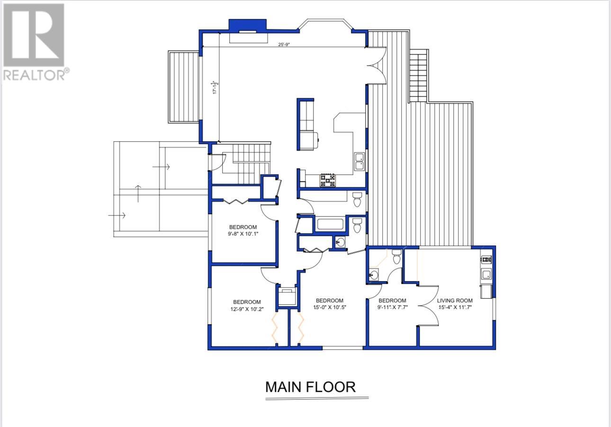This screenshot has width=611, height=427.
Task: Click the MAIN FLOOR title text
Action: click(x=310, y=387)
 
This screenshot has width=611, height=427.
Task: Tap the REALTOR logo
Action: click(x=34, y=42)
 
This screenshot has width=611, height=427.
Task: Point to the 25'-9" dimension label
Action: click(x=284, y=45)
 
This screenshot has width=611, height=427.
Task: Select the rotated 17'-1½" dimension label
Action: click(x=216, y=87)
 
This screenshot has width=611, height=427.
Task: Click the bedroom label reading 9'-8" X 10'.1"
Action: click(x=243, y=230)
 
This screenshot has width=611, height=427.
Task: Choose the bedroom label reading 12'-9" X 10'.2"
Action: click(x=247, y=306)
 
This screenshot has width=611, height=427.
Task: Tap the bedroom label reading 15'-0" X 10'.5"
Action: click(x=329, y=304)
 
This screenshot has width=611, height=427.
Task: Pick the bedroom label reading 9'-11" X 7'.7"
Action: click(x=392, y=304)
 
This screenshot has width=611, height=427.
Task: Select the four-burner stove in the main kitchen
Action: click(x=327, y=181)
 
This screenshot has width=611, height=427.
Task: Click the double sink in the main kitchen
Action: click(x=359, y=162)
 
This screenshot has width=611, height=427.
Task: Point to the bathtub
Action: click(x=330, y=224)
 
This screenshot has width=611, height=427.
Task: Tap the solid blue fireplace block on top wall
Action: click(x=247, y=25)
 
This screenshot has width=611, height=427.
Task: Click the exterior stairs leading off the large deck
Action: click(x=418, y=76)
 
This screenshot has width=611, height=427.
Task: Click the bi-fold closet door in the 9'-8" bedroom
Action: click(x=236, y=201)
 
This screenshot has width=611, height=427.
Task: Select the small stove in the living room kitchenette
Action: click(x=486, y=259)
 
